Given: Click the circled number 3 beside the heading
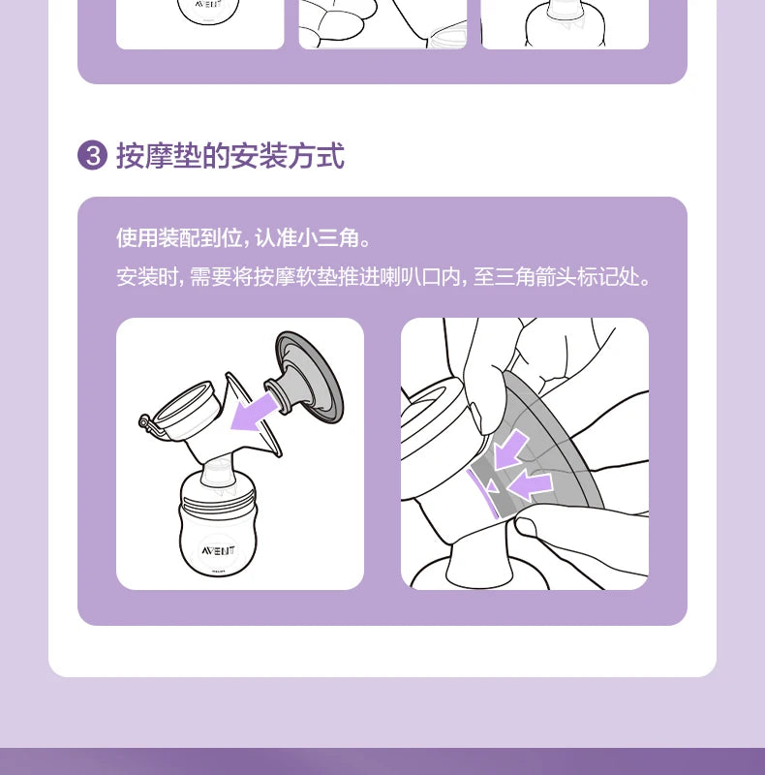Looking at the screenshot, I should click(x=91, y=155).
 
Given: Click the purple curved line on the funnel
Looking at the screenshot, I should click(x=480, y=490).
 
